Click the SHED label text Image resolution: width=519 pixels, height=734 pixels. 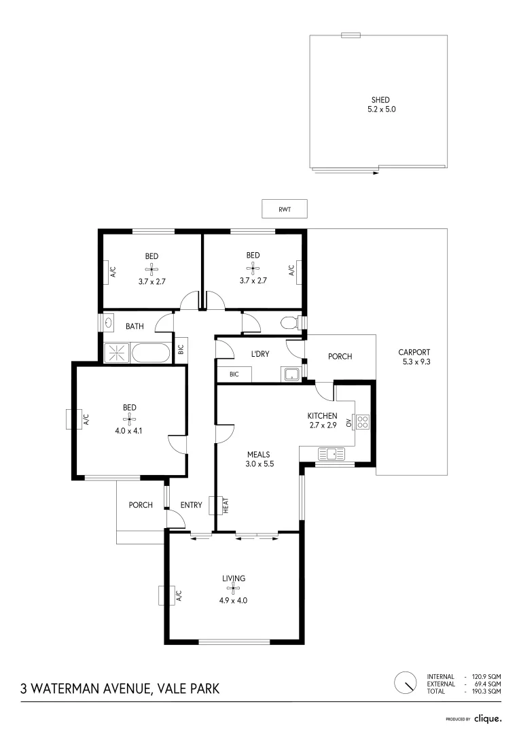[380, 100]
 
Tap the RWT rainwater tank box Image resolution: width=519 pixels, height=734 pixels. [285, 209]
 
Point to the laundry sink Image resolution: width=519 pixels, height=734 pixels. [292, 374]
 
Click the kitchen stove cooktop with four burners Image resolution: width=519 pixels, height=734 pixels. [362, 422]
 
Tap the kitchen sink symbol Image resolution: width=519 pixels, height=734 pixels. [331, 453]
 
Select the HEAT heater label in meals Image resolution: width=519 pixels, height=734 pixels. [225, 506]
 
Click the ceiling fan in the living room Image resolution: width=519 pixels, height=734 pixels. [233, 589]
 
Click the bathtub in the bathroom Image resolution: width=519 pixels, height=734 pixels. [151, 353]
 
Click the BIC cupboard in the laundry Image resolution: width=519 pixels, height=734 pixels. [234, 374]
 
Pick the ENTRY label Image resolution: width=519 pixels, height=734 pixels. [191, 505]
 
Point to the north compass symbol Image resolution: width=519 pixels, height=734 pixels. [406, 682]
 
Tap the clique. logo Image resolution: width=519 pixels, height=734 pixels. [488, 718]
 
